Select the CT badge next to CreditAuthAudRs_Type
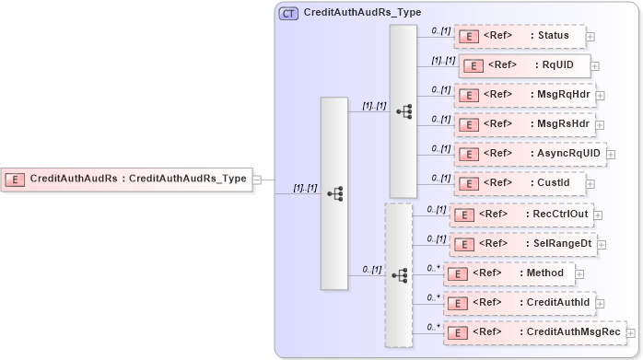point(288,14)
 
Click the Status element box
point(520,37)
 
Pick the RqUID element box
point(524,66)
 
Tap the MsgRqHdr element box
point(525,95)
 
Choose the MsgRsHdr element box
point(525,124)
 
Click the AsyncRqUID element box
point(530,154)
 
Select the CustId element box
point(520,182)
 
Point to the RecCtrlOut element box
point(521,215)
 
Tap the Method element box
point(509,273)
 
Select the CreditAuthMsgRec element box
point(533,331)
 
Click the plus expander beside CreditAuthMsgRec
point(631,332)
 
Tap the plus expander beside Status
point(590,38)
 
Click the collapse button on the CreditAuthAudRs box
point(257,180)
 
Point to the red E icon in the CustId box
point(468,183)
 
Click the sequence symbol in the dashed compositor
point(399,275)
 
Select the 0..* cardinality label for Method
point(434,268)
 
